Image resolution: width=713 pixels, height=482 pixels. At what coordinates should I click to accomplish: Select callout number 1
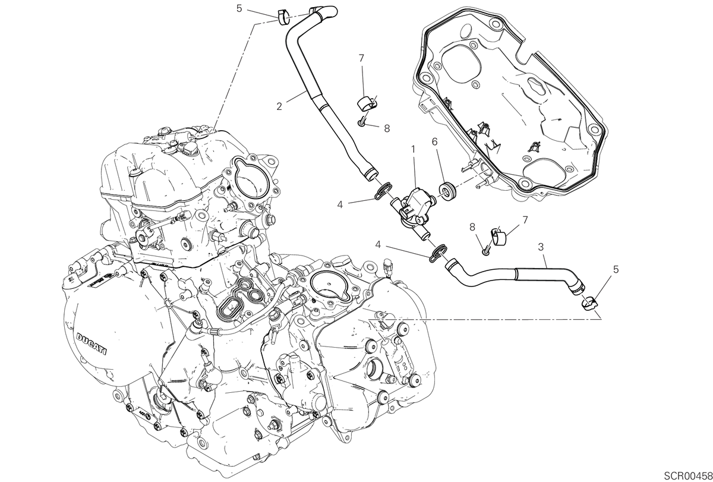point(413,149)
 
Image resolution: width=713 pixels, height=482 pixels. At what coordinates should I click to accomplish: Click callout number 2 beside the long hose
point(279,106)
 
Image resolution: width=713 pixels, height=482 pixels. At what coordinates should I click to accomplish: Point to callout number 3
point(541,247)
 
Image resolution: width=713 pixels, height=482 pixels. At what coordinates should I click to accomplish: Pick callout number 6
point(434,141)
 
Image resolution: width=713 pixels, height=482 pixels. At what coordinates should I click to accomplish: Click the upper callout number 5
point(239,8)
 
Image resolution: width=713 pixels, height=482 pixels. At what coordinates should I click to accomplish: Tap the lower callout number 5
point(616,269)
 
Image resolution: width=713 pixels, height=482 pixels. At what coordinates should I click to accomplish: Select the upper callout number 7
point(361,58)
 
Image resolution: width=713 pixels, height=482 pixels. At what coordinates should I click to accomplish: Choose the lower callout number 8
point(472,227)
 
